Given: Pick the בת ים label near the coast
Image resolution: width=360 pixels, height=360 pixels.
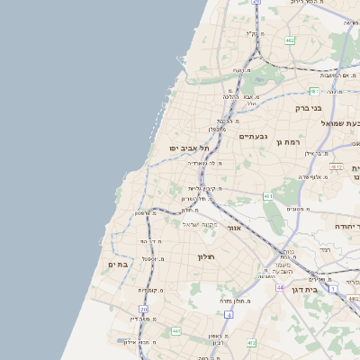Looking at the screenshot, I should click(119, 264).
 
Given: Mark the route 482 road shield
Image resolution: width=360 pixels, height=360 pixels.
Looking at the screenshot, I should click(290, 40).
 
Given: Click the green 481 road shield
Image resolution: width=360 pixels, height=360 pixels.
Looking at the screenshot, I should click(314, 92).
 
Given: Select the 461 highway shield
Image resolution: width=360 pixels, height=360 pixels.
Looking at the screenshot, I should click(267, 195).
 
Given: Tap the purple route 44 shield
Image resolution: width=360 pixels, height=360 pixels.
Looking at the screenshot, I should click(280, 287).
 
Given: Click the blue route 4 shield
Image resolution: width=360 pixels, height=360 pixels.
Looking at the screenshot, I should click(229, 315).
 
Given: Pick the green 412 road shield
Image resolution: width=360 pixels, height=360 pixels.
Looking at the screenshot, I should click(251, 343).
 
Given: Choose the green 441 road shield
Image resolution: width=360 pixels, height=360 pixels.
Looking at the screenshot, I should click(176, 331).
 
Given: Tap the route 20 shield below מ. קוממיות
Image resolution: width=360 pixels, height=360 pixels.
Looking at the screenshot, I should click(143, 310).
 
